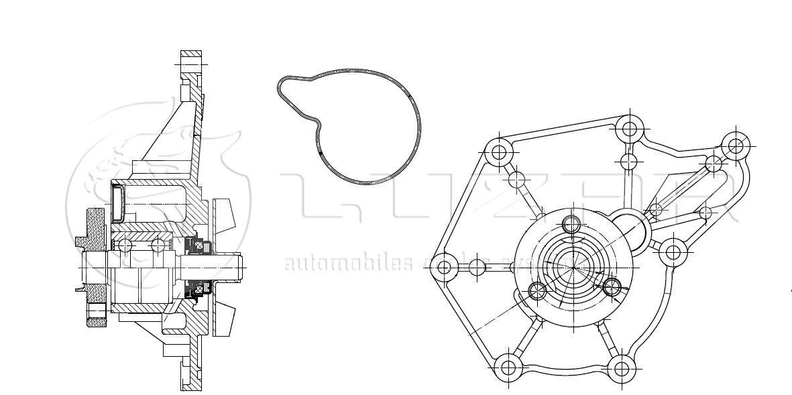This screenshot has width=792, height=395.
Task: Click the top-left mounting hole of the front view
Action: click(x=498, y=152)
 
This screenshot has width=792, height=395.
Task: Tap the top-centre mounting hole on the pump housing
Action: click(x=629, y=127)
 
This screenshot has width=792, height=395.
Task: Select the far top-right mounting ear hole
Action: click(x=735, y=144)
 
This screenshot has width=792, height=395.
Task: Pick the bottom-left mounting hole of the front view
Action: click(x=508, y=367)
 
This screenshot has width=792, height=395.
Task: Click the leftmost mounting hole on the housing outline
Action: click(x=444, y=268)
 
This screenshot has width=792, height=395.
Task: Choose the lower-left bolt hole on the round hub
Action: click(x=536, y=290)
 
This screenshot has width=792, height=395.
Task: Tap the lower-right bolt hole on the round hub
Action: click(x=612, y=287)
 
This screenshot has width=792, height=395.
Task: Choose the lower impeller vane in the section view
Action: click(x=225, y=318)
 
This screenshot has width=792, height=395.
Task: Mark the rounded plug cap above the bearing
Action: click(x=118, y=203)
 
